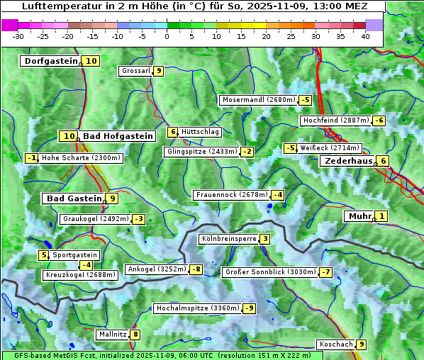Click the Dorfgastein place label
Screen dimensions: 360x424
50,61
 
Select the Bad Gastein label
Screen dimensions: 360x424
74,198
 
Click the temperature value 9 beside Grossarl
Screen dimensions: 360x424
159,71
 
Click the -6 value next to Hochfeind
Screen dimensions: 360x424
379,120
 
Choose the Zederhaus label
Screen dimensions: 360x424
348,161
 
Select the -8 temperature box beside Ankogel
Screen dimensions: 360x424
195,269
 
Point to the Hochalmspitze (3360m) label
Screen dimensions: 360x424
197,308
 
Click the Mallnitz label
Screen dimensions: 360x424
112,334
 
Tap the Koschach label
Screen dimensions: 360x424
335,344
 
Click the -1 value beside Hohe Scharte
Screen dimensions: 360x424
32,158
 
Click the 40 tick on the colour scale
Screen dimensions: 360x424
365,36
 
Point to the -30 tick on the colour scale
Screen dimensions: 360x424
18,36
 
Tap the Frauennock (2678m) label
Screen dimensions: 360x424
231,195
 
